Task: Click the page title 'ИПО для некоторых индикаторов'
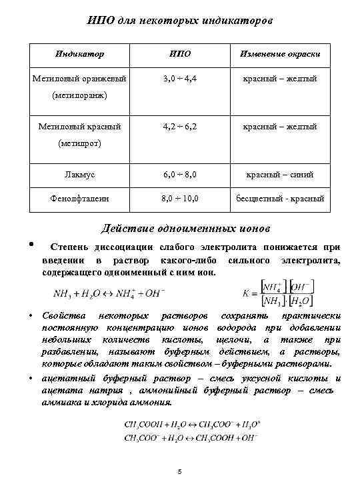click(x=180, y=21)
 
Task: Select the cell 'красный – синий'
click(x=279, y=174)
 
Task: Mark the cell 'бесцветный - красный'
click(x=279, y=198)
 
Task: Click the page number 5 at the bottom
click(x=180, y=472)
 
